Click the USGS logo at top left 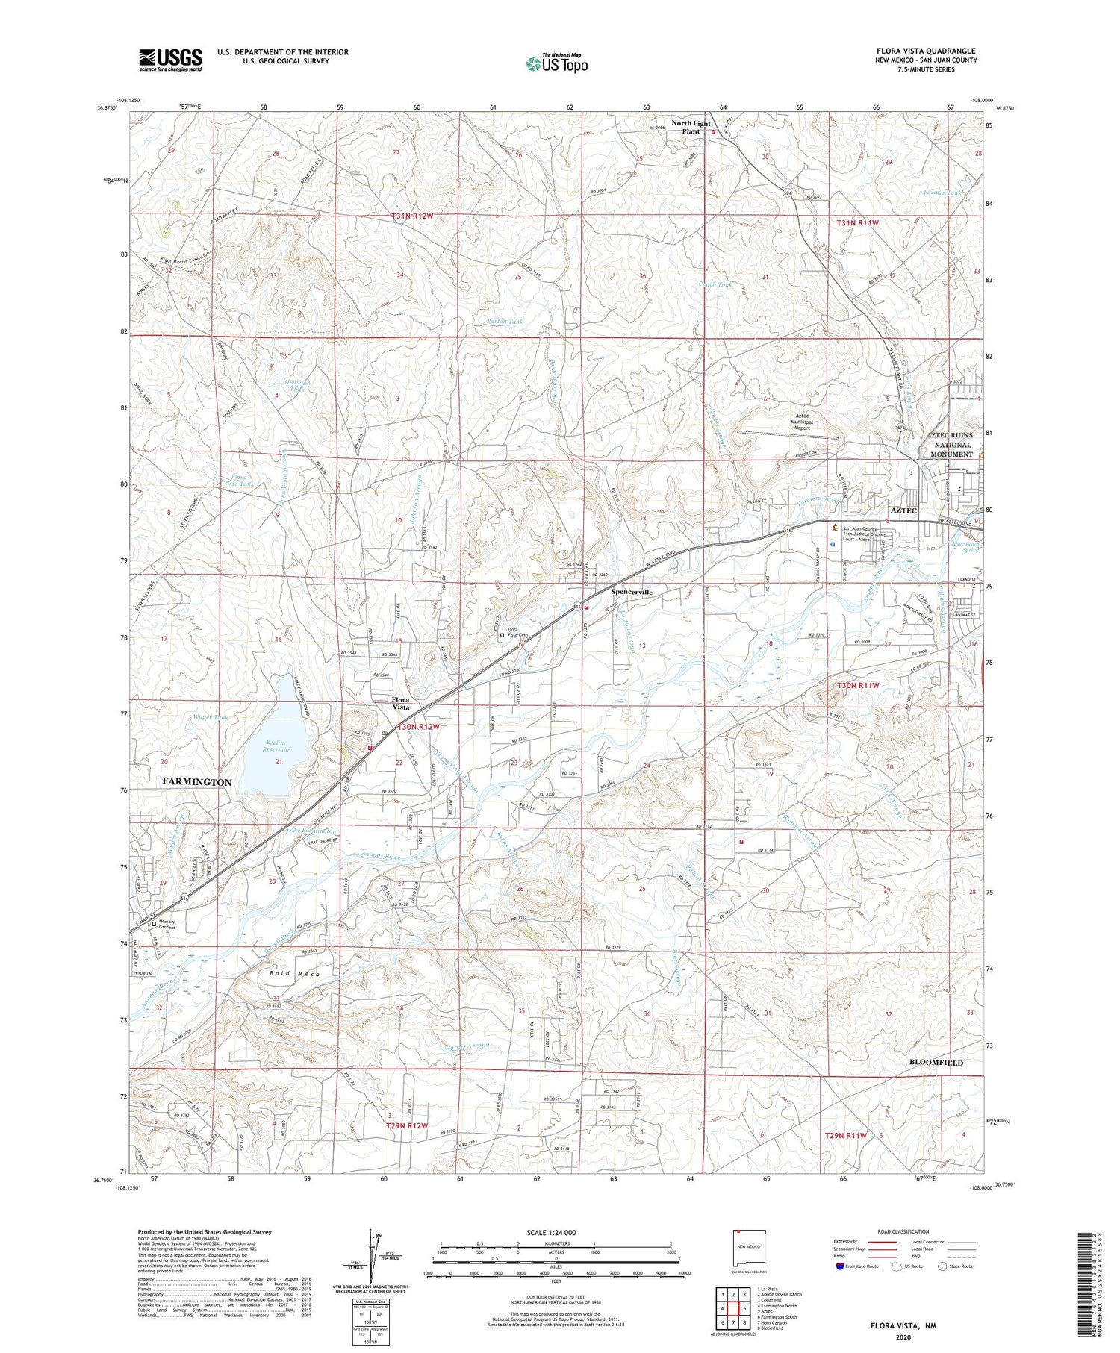(170, 60)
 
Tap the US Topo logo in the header (556, 64)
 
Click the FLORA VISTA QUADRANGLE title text (926, 51)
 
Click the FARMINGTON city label (196, 782)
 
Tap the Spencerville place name (632, 592)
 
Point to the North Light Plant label (690, 127)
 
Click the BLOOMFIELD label (936, 1063)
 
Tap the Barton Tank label (505, 322)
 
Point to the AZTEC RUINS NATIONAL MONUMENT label (950, 445)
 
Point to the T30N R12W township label (418, 726)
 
